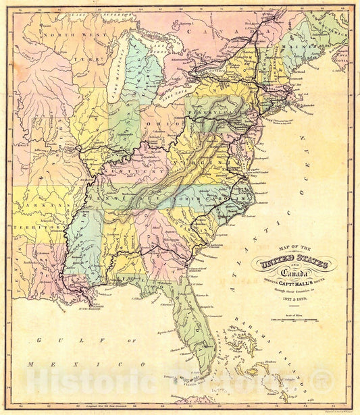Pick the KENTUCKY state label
click(x=145, y=171)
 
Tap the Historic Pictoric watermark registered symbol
click(x=326, y=382)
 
